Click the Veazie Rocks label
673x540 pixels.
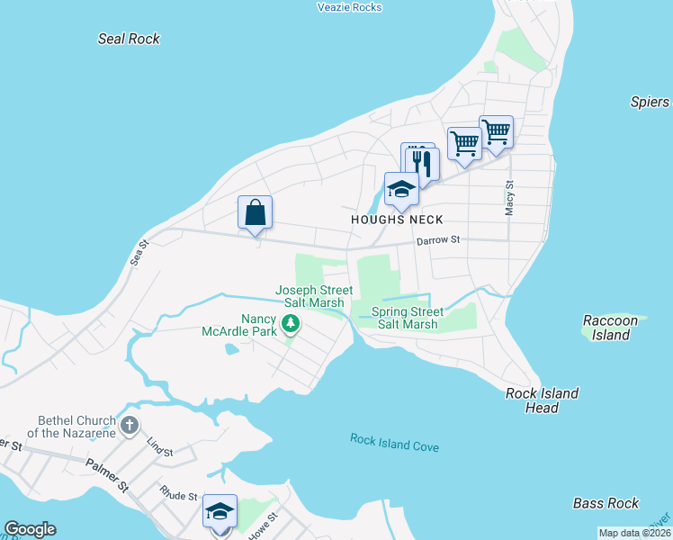[x=350, y=7]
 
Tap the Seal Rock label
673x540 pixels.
[x=129, y=39]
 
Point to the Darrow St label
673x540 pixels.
[x=437, y=240]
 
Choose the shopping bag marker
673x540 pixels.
[x=256, y=213]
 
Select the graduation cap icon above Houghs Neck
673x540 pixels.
[x=401, y=190]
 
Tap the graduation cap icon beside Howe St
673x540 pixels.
[x=220, y=511]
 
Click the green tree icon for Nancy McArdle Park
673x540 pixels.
[x=290, y=323]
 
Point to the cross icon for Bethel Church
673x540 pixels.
[x=130, y=425]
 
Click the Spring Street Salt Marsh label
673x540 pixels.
[x=408, y=318]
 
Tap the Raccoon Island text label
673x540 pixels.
[x=610, y=328]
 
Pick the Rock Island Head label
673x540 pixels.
[x=542, y=400]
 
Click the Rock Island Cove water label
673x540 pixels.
[x=394, y=442]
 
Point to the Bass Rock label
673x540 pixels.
[x=606, y=503]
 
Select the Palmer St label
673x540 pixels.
[x=108, y=474]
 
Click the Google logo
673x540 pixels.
[x=30, y=529]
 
